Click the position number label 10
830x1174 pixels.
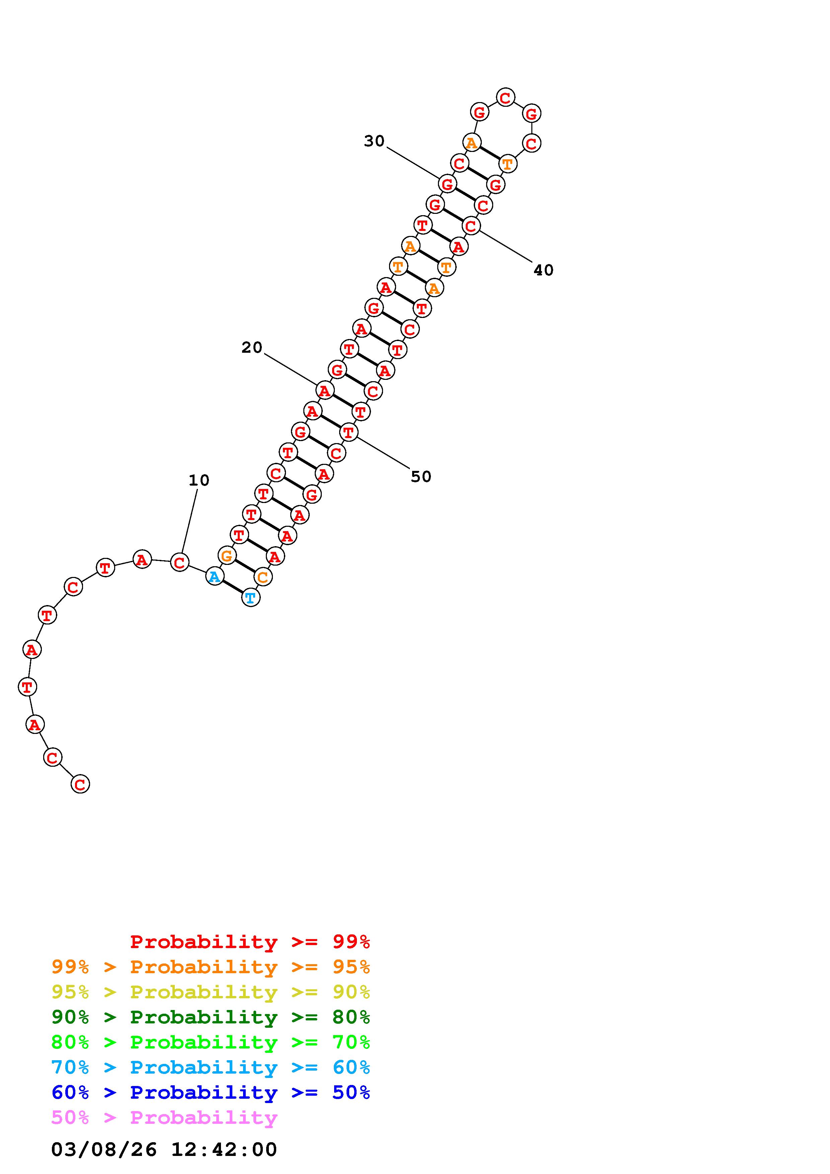199,481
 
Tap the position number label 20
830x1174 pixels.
251,348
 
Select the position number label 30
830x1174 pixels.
374,141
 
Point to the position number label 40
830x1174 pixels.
543,270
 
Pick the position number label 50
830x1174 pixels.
421,477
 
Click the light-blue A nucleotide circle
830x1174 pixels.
215,577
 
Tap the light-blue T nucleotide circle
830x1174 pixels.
250,597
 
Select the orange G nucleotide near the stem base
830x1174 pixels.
227,555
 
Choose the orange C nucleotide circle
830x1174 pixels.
263,577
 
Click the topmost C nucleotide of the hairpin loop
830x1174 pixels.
505,97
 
